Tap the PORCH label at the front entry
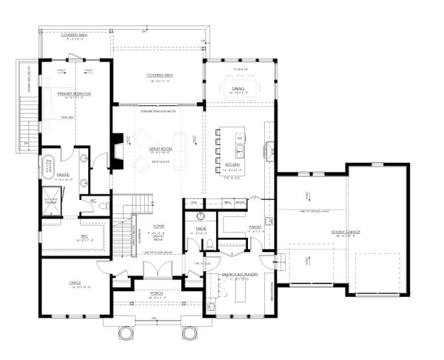pos(156,293)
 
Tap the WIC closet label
pos(63,239)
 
